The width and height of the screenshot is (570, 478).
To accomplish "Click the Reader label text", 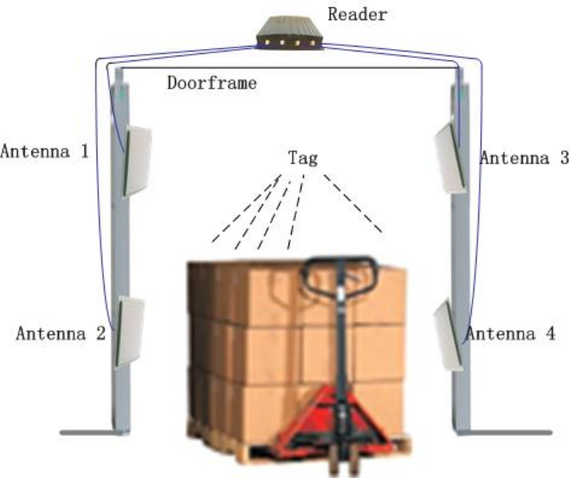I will pos(357,14).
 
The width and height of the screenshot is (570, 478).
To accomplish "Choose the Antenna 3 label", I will pos(524,157).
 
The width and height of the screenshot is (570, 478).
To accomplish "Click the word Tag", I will pos(302,157).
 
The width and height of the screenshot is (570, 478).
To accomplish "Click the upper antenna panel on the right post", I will pos(449,159).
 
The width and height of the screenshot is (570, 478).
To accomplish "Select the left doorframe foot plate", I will pos(92,434).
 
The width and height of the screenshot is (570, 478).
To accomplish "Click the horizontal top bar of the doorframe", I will pos(289,71).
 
